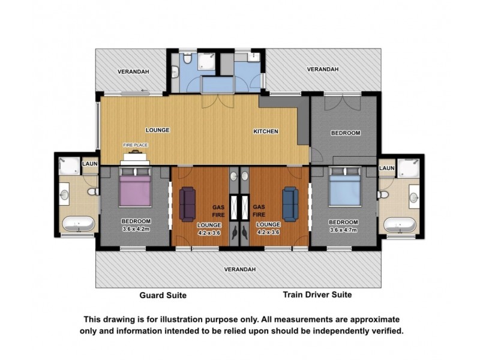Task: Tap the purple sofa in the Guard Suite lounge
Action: [187, 204]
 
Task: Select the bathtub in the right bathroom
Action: [400, 225]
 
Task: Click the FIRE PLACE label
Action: [136, 145]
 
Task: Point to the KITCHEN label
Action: [265, 131]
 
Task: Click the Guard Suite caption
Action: [163, 295]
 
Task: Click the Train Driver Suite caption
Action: [317, 295]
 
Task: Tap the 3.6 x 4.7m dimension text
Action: [344, 229]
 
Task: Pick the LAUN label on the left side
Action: [90, 163]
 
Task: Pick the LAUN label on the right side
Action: [387, 168]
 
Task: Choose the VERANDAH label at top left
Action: [133, 71]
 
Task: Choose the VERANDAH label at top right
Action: [323, 70]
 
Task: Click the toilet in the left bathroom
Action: [93, 192]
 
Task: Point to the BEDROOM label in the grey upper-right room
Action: [346, 133]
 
